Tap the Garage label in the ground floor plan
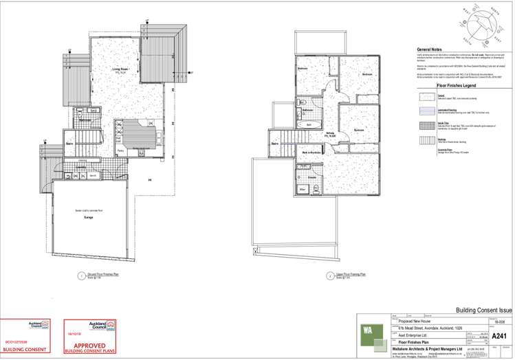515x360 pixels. [x=87, y=216]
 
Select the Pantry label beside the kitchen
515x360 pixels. [x=120, y=150]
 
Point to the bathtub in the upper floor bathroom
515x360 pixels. [x=309, y=124]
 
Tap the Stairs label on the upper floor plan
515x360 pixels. [x=274, y=144]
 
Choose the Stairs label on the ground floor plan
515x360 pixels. [x=69, y=144]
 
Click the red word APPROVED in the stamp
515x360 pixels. [x=89, y=347]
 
